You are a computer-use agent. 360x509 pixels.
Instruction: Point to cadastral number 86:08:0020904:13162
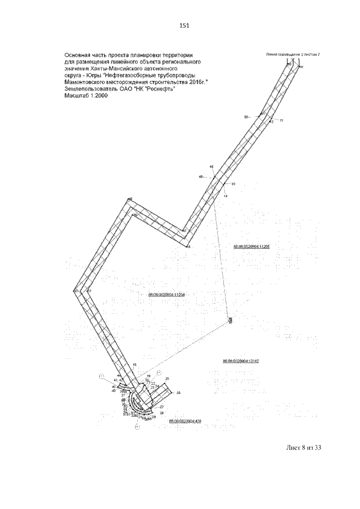(x=240, y=360)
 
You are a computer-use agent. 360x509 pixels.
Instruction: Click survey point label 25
(x=167, y=379)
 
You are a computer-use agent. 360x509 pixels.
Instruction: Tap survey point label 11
(x=282, y=121)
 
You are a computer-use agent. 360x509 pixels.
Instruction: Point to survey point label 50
(x=246, y=117)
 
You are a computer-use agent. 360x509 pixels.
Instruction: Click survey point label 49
(x=211, y=166)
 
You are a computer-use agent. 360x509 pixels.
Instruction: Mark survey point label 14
(x=225, y=196)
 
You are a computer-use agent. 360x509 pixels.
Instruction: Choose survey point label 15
(x=134, y=365)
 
